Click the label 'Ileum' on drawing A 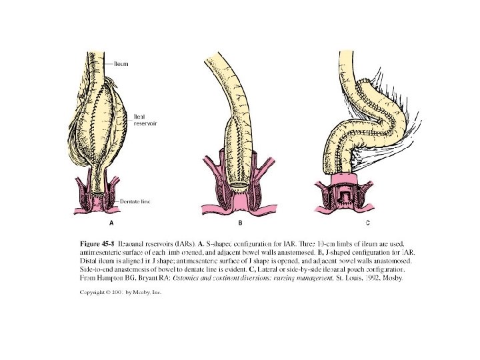(121, 63)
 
